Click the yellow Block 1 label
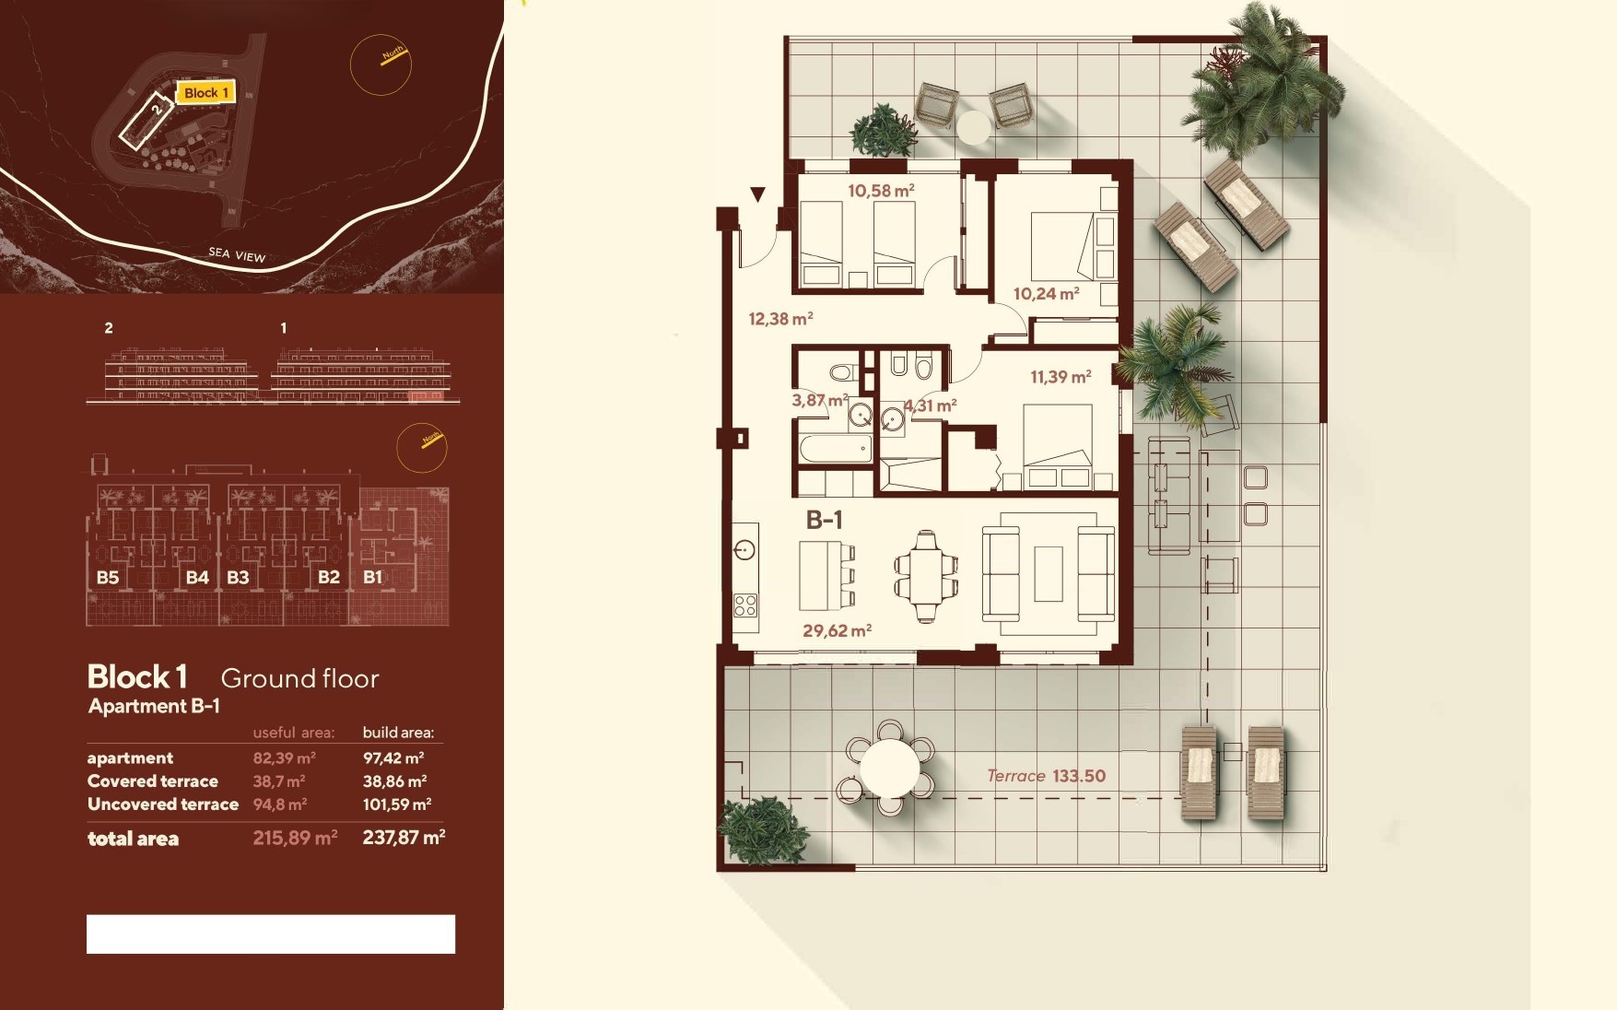pyautogui.click(x=205, y=92)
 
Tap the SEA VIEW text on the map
pyautogui.click(x=237, y=255)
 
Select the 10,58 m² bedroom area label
pyautogui.click(x=881, y=191)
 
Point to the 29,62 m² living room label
pyautogui.click(x=837, y=630)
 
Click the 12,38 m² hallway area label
pyautogui.click(x=780, y=319)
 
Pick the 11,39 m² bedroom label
pyautogui.click(x=1060, y=376)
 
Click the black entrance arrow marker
pyautogui.click(x=757, y=194)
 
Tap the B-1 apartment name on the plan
pyautogui.click(x=824, y=520)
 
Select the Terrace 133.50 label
pyautogui.click(x=1046, y=776)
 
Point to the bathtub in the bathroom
pyautogui.click(x=835, y=450)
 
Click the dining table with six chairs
pyautogui.click(x=926, y=576)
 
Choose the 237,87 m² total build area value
pyautogui.click(x=404, y=838)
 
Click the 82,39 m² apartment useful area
pyautogui.click(x=285, y=758)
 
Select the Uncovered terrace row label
pyautogui.click(x=163, y=804)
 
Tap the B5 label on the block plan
pyautogui.click(x=108, y=578)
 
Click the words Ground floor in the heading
pyautogui.click(x=300, y=679)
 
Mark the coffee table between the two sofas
pyautogui.click(x=1049, y=573)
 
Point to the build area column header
pyautogui.click(x=398, y=734)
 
